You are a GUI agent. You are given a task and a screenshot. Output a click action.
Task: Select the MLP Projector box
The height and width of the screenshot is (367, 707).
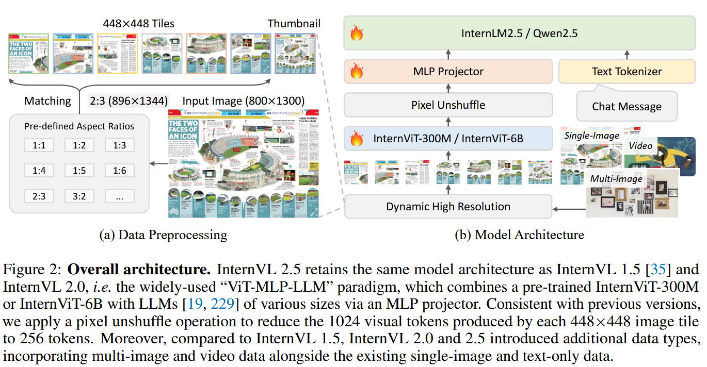point(447,71)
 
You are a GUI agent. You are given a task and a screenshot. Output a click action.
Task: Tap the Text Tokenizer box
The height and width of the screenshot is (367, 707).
point(626,71)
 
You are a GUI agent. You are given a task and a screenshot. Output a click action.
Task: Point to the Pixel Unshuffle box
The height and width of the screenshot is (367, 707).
point(447,105)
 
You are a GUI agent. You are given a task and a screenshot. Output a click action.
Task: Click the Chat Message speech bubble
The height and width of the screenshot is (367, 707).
point(626,106)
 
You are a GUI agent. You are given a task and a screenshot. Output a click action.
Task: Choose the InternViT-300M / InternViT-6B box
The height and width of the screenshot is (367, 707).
point(447,139)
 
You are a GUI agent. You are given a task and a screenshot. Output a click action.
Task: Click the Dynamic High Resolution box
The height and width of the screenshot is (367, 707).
point(447,207)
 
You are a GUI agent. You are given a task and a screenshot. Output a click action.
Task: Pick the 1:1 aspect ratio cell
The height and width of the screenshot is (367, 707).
point(39,145)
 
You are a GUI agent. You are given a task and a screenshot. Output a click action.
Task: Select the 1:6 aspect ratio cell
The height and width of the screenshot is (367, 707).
point(119,170)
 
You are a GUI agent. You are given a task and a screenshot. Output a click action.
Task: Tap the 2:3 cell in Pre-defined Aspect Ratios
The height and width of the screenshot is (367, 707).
point(39,196)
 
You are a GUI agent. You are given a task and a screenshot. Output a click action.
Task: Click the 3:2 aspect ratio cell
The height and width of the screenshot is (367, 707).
point(79,196)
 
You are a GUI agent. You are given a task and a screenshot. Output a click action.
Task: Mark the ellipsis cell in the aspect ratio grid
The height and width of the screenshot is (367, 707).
point(119,196)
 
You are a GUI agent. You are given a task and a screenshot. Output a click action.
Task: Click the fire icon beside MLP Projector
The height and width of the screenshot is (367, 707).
point(356,71)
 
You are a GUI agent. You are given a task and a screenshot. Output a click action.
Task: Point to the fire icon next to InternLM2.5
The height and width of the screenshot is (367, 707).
point(356,34)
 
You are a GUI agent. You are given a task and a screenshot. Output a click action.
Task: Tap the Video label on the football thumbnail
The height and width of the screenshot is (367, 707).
point(640,146)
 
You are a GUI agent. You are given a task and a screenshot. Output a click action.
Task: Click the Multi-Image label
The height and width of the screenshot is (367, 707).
point(617,179)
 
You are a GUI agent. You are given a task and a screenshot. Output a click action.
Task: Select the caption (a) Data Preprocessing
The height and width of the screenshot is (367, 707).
point(163,235)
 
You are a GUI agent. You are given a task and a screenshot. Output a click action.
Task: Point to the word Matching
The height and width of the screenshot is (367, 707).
point(47,101)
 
